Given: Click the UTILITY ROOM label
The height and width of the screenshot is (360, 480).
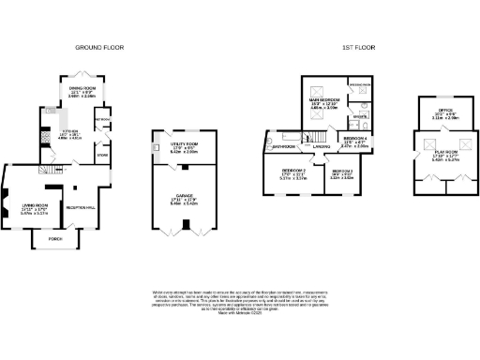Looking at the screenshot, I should pos(185,144).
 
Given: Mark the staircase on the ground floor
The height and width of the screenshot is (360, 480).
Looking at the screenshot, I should pos(46,168).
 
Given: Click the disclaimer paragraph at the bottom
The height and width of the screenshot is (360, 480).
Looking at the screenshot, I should pos(239,300).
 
